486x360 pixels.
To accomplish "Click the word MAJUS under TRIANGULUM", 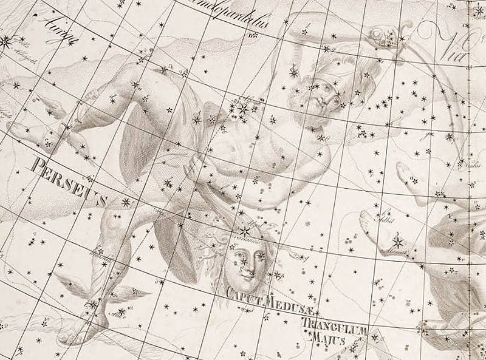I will point(327,340).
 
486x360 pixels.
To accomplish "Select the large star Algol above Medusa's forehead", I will point(245,231).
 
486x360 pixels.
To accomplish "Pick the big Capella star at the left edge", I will point(6,41).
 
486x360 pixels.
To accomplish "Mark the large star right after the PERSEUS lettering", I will point(126,202).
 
